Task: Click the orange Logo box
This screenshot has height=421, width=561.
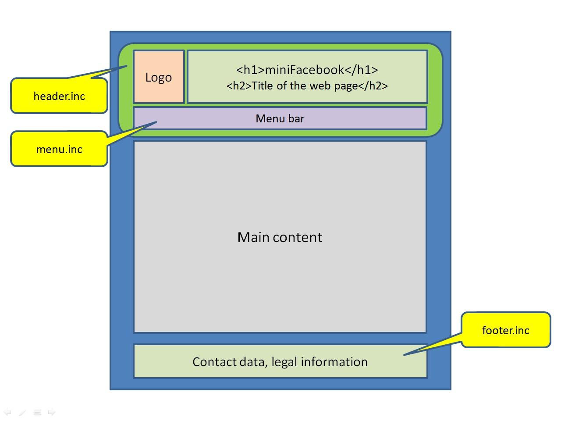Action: (159, 77)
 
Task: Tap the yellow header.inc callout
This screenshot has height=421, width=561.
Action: (59, 96)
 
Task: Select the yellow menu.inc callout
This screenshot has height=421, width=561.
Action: (59, 149)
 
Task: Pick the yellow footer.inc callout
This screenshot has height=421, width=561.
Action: (506, 330)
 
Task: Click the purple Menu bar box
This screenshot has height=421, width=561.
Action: (280, 118)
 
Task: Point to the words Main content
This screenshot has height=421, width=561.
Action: (280, 237)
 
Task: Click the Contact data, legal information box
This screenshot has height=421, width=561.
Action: (280, 361)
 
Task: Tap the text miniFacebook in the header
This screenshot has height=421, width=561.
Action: (305, 70)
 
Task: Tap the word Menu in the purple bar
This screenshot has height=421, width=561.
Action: (270, 118)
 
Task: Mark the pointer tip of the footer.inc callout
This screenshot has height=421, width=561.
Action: (404, 355)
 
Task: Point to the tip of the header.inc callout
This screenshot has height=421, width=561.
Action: (127, 66)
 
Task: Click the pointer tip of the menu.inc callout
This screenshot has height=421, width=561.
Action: (156, 122)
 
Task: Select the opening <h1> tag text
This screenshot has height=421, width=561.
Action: (250, 70)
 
